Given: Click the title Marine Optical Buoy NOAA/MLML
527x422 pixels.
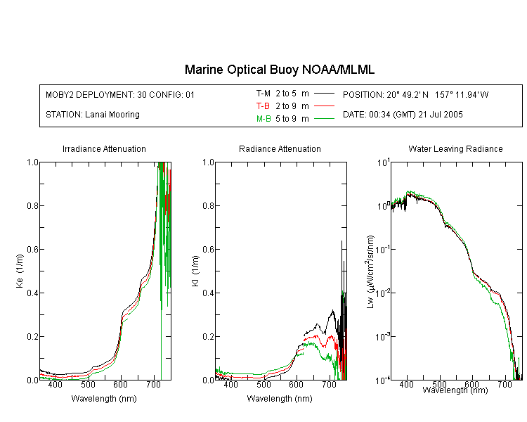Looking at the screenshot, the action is (280, 70).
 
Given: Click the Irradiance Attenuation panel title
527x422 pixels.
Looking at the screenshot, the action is (104, 148).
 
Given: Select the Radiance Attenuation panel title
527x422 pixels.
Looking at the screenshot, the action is (280, 148).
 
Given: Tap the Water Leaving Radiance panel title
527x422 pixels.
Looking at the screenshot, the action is (455, 148).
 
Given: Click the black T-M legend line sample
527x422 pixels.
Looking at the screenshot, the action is (324, 94).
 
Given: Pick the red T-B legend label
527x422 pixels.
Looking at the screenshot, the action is (263, 106).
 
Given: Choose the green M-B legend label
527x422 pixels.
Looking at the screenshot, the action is (263, 119).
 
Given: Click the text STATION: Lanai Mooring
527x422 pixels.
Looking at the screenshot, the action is (93, 115).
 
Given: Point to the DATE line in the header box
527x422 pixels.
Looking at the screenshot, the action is (403, 115).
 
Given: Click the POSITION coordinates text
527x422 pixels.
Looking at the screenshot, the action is (416, 94).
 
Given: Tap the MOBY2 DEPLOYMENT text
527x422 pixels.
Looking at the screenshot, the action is (120, 94).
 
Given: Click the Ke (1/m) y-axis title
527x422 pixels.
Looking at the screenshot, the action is (20, 271).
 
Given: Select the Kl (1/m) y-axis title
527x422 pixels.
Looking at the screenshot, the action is (195, 271).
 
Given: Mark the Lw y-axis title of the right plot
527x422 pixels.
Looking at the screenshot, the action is (370, 271).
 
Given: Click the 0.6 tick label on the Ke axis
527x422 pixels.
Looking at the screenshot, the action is (32, 250).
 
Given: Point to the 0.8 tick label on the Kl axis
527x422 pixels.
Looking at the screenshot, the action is (209, 205).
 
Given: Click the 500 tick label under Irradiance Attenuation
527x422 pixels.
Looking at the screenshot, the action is (88, 384).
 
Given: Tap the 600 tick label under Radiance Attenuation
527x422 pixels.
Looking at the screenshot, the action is (296, 384).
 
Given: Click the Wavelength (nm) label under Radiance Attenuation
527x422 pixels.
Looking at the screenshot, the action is (280, 399).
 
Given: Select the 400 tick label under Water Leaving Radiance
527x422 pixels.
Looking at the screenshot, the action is (407, 384).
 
